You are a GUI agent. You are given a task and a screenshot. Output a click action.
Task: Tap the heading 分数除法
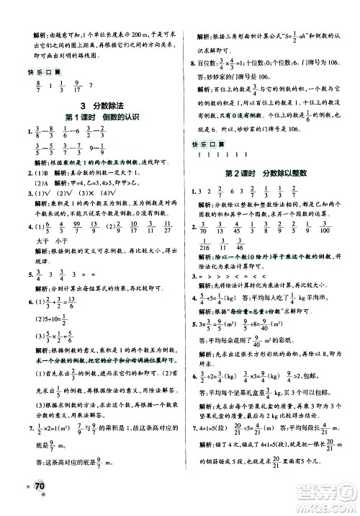[107, 105]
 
